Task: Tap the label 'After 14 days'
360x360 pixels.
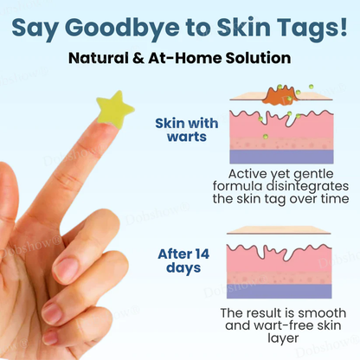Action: tap(183, 260)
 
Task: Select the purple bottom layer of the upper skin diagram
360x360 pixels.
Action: tap(281, 156)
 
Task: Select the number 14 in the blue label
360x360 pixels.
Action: tap(198, 254)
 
